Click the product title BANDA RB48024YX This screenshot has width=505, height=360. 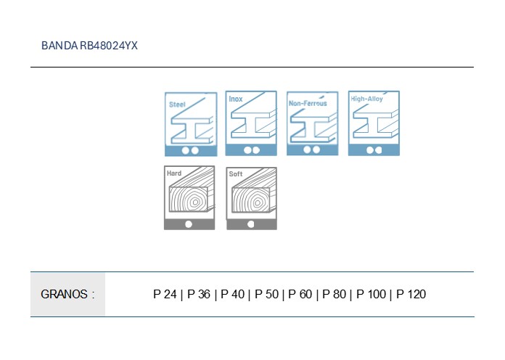click(89, 46)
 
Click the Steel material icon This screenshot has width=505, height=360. click(191, 124)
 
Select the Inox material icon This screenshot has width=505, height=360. click(251, 123)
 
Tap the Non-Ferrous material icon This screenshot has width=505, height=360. click(313, 123)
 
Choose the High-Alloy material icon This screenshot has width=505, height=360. click(374, 123)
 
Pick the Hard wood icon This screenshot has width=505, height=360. click(189, 198)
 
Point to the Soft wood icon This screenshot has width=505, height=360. click(252, 199)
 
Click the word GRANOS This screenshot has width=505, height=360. click(64, 294)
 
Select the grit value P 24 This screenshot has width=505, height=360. click(165, 294)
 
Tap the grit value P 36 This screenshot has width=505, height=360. click(199, 294)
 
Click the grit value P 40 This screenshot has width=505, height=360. click(232, 294)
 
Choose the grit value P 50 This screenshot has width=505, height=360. click(267, 294)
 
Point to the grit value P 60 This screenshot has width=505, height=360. click(300, 294)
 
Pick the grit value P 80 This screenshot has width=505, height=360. click(334, 294)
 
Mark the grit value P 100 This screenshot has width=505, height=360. click(371, 294)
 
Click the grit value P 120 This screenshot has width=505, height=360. click(411, 294)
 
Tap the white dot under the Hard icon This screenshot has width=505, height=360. click(189, 224)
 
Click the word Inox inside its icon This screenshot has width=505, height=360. click(236, 99)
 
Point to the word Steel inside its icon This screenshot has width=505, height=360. click(177, 105)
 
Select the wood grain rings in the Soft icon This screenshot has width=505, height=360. click(251, 200)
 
